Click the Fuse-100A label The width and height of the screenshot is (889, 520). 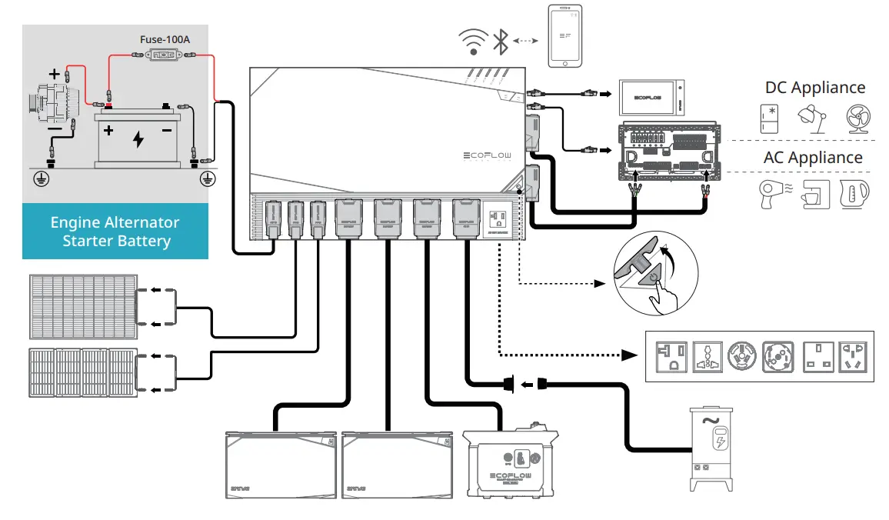[x=165, y=38]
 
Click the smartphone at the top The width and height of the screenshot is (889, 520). [x=565, y=36]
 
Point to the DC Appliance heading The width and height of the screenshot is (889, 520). [x=814, y=88]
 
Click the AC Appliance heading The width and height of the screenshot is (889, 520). [x=813, y=157]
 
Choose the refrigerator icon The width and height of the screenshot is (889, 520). [x=769, y=118]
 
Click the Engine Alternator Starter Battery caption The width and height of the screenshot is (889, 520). [x=115, y=232]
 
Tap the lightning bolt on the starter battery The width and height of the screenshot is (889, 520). [x=138, y=139]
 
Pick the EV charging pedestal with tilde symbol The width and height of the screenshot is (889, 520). [x=711, y=449]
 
